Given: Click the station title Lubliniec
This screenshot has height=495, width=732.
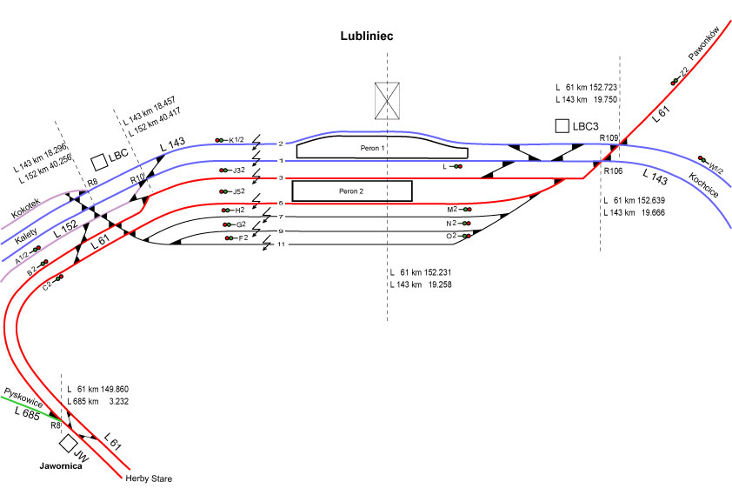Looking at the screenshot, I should click(x=366, y=36).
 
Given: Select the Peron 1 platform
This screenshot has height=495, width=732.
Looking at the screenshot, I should click(x=372, y=149).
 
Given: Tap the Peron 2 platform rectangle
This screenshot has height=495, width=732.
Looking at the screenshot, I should click(x=351, y=190).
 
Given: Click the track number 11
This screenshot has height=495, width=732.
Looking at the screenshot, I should click(x=281, y=244).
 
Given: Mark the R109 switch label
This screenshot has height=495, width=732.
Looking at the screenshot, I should click(x=609, y=138).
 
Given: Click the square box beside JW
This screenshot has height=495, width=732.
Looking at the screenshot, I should click(x=67, y=444).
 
